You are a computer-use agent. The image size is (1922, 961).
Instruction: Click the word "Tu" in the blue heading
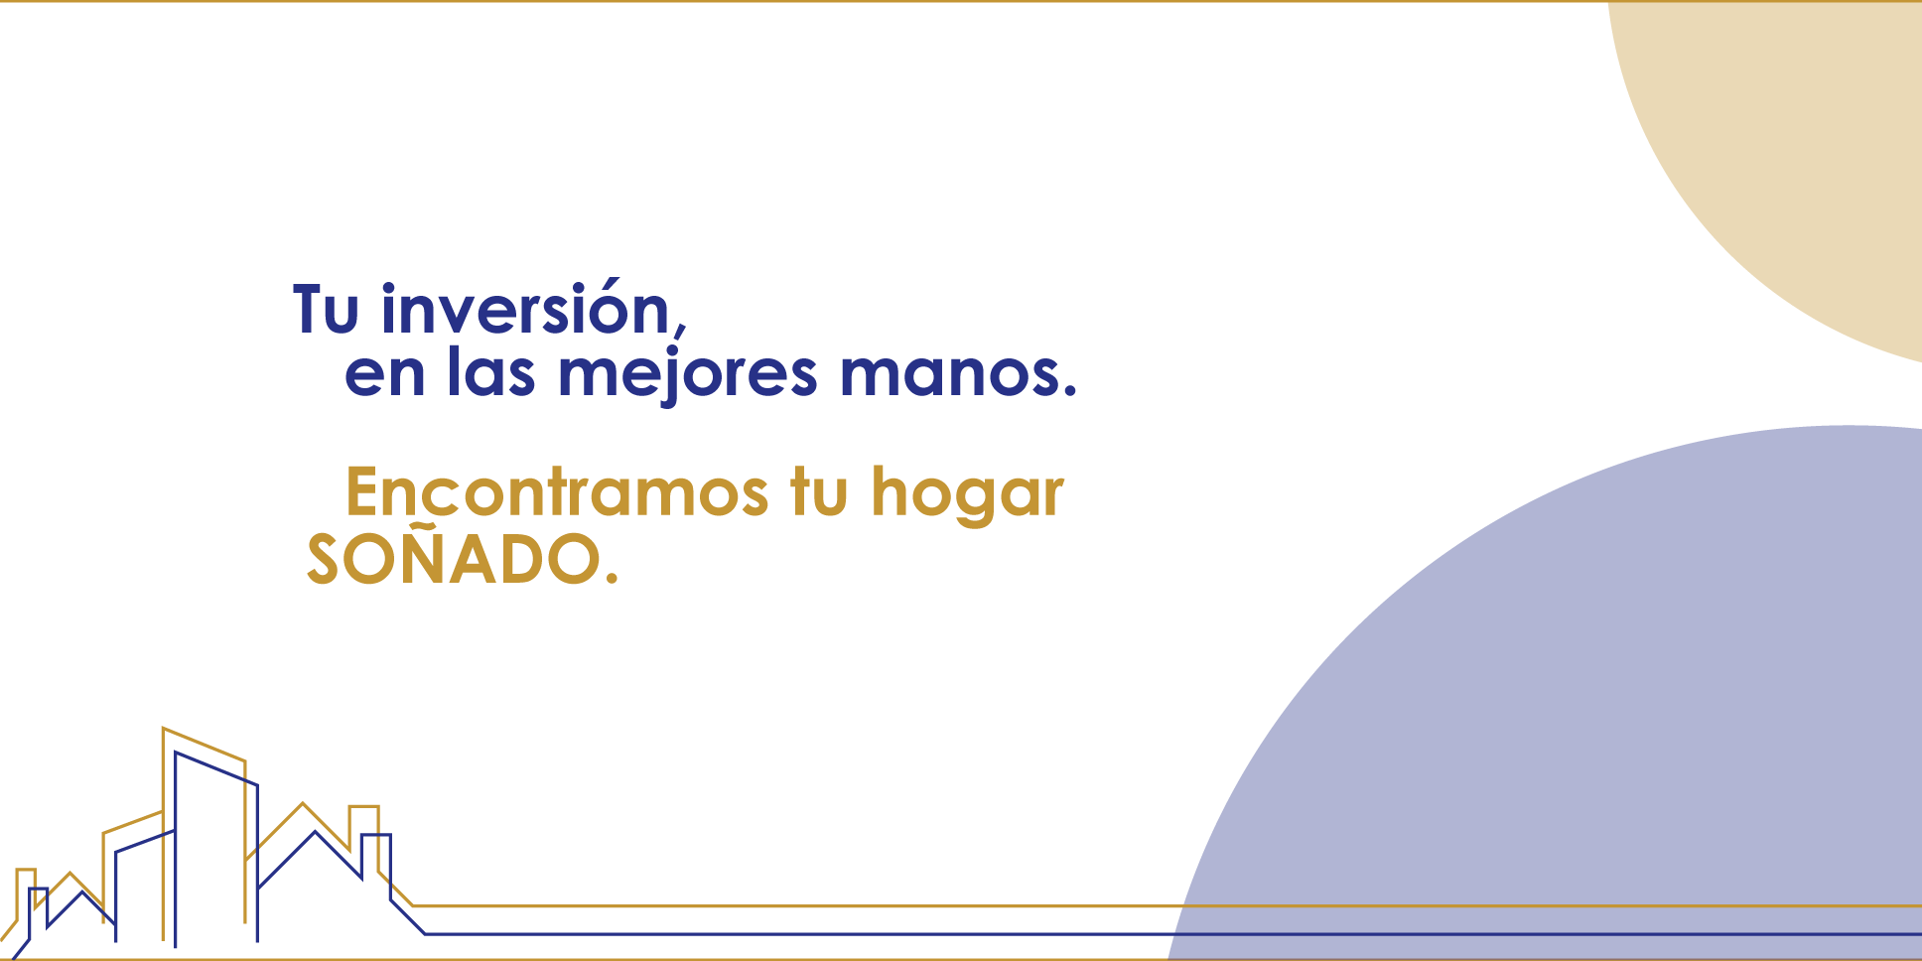click(326, 310)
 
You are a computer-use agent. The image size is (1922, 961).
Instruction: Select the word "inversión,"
click(534, 309)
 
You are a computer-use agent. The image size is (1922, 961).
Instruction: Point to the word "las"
click(491, 370)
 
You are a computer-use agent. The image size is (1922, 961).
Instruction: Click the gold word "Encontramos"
click(557, 492)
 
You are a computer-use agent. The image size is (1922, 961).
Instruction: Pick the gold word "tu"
click(819, 492)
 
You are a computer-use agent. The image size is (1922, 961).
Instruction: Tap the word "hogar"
click(967, 494)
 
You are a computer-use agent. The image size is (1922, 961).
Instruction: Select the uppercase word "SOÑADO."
click(463, 558)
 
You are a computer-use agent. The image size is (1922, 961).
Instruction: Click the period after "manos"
click(1069, 391)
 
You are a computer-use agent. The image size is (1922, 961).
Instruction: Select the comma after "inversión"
click(680, 328)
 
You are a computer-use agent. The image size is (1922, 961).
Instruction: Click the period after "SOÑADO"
click(611, 576)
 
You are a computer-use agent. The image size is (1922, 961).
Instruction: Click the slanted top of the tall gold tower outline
click(204, 744)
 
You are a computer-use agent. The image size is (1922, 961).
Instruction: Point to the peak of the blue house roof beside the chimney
click(316, 832)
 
